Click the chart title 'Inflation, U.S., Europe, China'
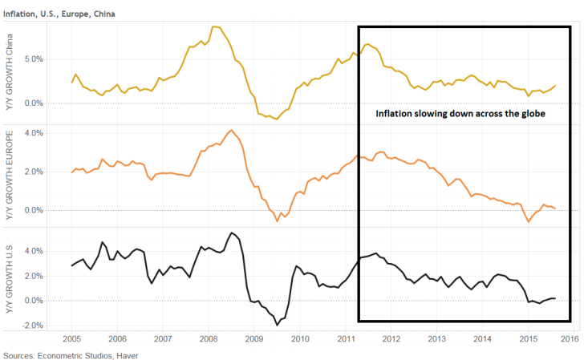coord(59,14)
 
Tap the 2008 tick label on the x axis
coord(209,339)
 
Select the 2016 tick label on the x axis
coord(570,339)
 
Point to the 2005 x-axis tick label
coord(71,339)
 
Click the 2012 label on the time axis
coord(391,339)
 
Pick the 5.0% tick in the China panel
coord(34,59)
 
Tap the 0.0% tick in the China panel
coord(34,103)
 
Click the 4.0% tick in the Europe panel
coord(34,133)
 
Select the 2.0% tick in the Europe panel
coord(34,172)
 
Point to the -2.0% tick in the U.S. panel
coord(33,326)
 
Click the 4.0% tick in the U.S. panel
coord(34,251)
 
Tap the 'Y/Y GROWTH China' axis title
coord(9,72)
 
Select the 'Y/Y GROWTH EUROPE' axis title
coord(9,175)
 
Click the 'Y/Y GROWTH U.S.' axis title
coord(9,278)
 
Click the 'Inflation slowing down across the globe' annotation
coord(460,114)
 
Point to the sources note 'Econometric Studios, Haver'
coord(87,355)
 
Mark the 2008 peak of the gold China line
coord(214,26)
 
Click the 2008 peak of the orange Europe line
coord(232,130)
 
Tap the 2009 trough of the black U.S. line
coord(278,325)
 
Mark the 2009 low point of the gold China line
coord(277,119)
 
